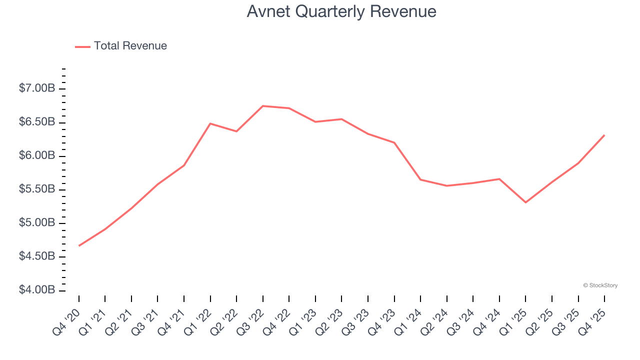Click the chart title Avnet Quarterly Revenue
[341, 12]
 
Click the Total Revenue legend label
[130, 46]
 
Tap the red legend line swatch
[82, 46]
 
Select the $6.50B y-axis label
[37, 122]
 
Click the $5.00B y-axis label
[37, 223]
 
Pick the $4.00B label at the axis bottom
[37, 290]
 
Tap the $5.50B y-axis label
[37, 189]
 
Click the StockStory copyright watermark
[600, 285]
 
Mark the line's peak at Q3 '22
[263, 106]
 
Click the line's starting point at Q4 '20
[79, 245]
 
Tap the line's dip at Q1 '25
[525, 202]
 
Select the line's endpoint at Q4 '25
[604, 135]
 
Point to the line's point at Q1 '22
[210, 123]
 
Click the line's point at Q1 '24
[420, 179]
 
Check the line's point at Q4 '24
[499, 179]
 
